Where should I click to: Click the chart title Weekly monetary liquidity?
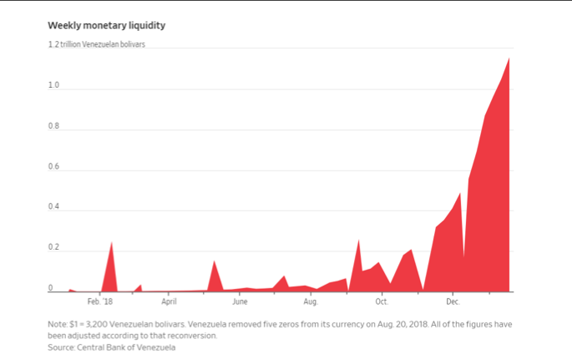click(x=112, y=26)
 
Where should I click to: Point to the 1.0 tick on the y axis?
click(x=53, y=86)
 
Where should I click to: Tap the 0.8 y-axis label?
click(x=53, y=127)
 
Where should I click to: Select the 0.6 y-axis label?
click(x=53, y=167)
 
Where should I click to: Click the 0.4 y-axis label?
click(x=53, y=207)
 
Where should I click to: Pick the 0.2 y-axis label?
click(x=53, y=248)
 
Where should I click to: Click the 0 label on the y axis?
click(x=50, y=288)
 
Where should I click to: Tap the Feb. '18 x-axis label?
click(x=99, y=301)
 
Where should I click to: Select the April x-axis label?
click(x=169, y=301)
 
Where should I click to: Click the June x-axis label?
click(x=240, y=301)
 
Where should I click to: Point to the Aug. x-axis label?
click(x=311, y=301)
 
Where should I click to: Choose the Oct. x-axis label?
click(x=382, y=301)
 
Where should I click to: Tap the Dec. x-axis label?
click(x=453, y=301)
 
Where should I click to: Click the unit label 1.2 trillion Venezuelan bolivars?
click(x=96, y=44)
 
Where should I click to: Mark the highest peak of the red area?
click(x=509, y=58)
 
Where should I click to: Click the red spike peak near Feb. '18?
click(x=111, y=243)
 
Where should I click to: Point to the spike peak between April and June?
click(x=214, y=261)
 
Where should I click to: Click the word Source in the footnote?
click(x=62, y=347)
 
